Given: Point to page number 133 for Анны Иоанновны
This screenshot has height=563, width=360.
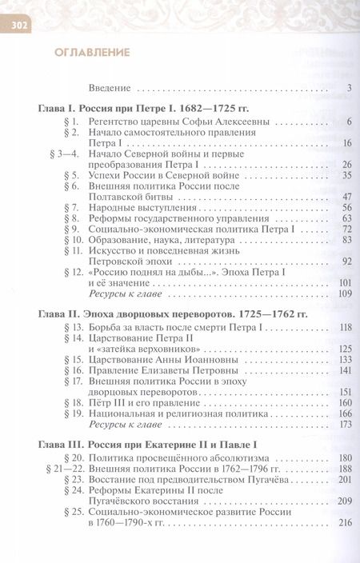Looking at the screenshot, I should point(345,359).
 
